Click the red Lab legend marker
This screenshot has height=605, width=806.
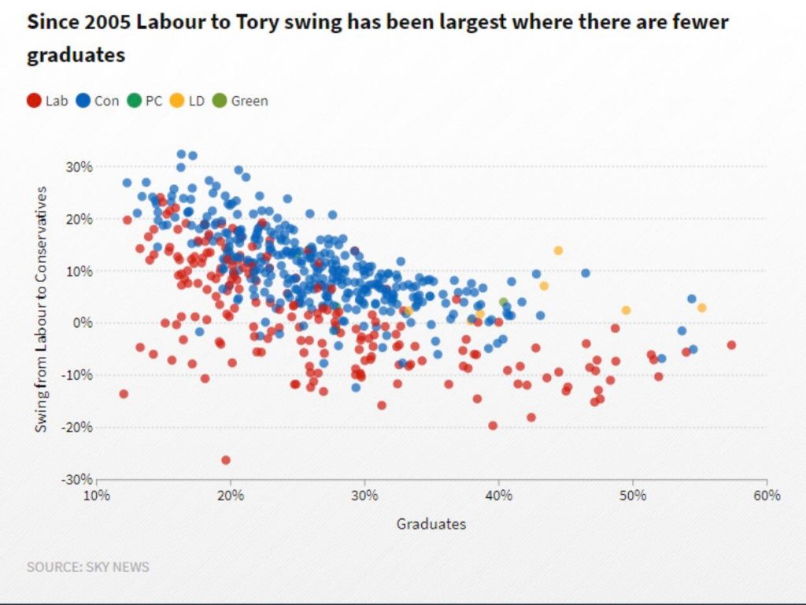click(34, 101)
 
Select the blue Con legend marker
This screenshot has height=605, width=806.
click(83, 101)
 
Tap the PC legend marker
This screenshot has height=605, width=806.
click(134, 101)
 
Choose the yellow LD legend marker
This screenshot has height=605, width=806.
click(178, 101)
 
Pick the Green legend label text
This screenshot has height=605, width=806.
click(249, 101)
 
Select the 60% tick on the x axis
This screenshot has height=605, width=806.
click(767, 496)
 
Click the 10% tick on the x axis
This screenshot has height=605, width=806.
click(96, 496)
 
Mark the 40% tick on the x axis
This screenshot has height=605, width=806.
click(498, 496)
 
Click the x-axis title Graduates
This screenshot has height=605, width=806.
click(431, 524)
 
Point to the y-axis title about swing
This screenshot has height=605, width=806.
click(42, 309)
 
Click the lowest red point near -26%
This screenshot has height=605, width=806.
click(226, 460)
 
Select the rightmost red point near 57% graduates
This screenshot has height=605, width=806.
click(731, 345)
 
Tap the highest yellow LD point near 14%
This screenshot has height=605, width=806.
click(558, 251)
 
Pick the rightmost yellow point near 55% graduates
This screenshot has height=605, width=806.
click(701, 308)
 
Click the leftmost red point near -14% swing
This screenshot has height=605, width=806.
click(124, 394)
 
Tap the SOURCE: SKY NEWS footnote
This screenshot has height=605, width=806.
click(88, 566)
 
